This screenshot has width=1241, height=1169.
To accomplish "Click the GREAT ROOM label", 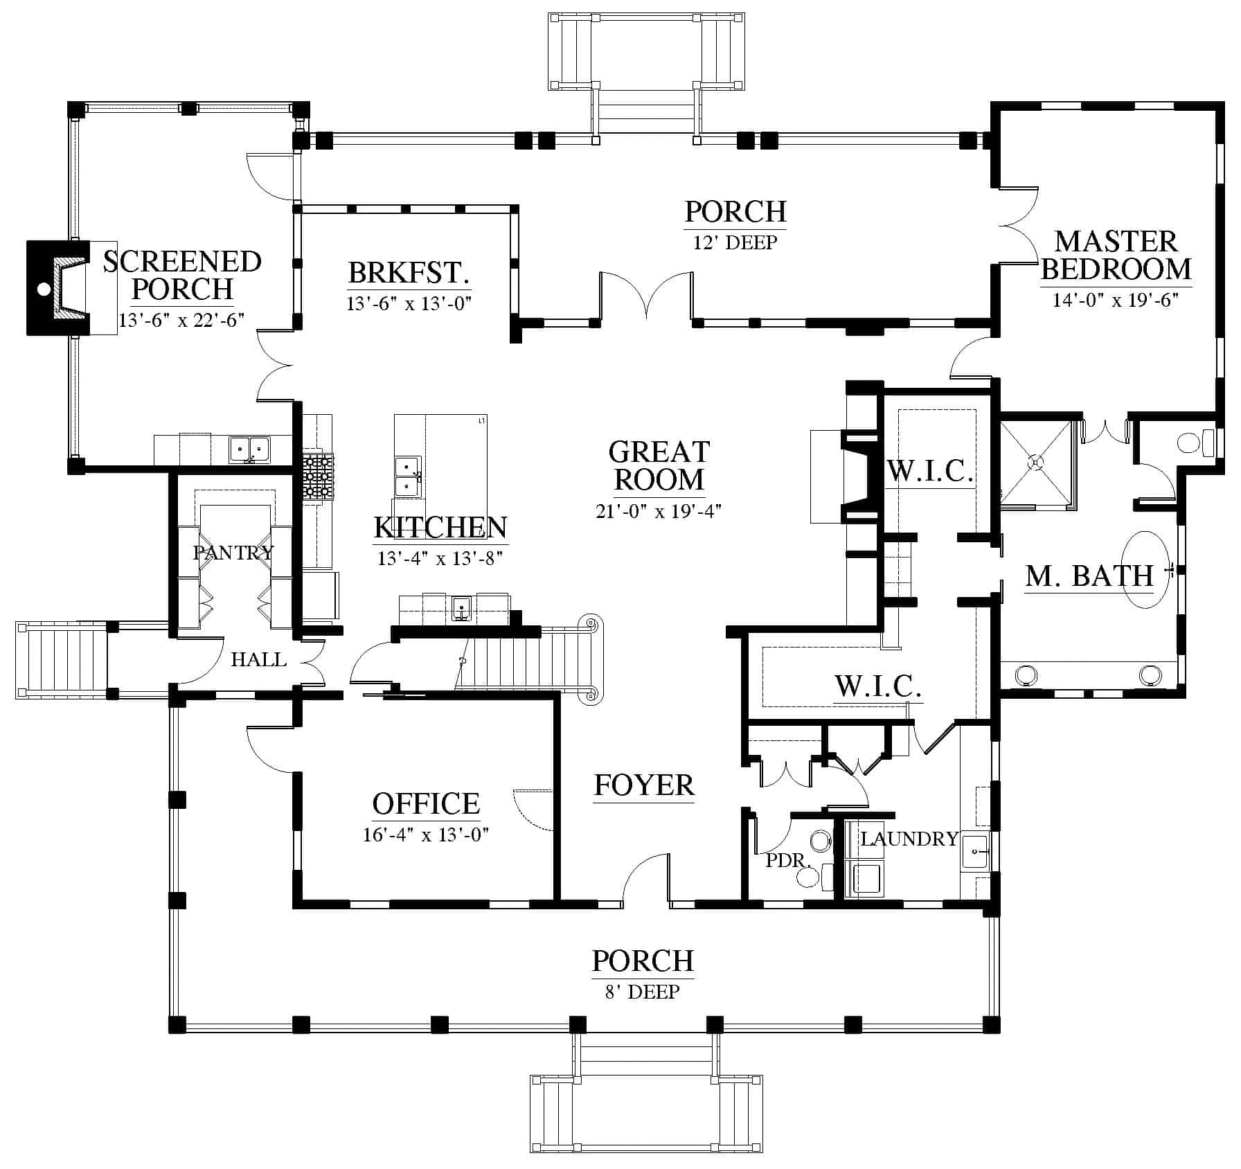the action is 659,465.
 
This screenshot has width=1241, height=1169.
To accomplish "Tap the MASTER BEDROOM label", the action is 1116,255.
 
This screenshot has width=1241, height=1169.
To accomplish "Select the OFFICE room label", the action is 426,804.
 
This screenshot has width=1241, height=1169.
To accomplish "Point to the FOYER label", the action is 644,785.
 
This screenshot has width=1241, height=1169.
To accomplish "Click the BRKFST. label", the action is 409,273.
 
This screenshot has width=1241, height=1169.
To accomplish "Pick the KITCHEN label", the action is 440,528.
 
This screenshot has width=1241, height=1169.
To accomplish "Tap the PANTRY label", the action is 233,553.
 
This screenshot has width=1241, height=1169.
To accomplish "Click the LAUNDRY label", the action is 909,839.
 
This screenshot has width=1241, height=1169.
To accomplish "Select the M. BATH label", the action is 1089,576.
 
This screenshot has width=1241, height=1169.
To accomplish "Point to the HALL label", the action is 259,659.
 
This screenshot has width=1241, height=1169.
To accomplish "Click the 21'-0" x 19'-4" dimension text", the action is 659,511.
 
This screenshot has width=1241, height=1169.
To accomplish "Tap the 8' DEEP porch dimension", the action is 643,992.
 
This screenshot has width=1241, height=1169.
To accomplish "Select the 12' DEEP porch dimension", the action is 735,242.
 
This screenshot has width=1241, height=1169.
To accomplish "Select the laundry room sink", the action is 976,851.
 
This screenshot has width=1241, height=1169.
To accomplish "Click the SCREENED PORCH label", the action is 182,275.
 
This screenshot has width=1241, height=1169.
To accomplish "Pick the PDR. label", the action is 789,861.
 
